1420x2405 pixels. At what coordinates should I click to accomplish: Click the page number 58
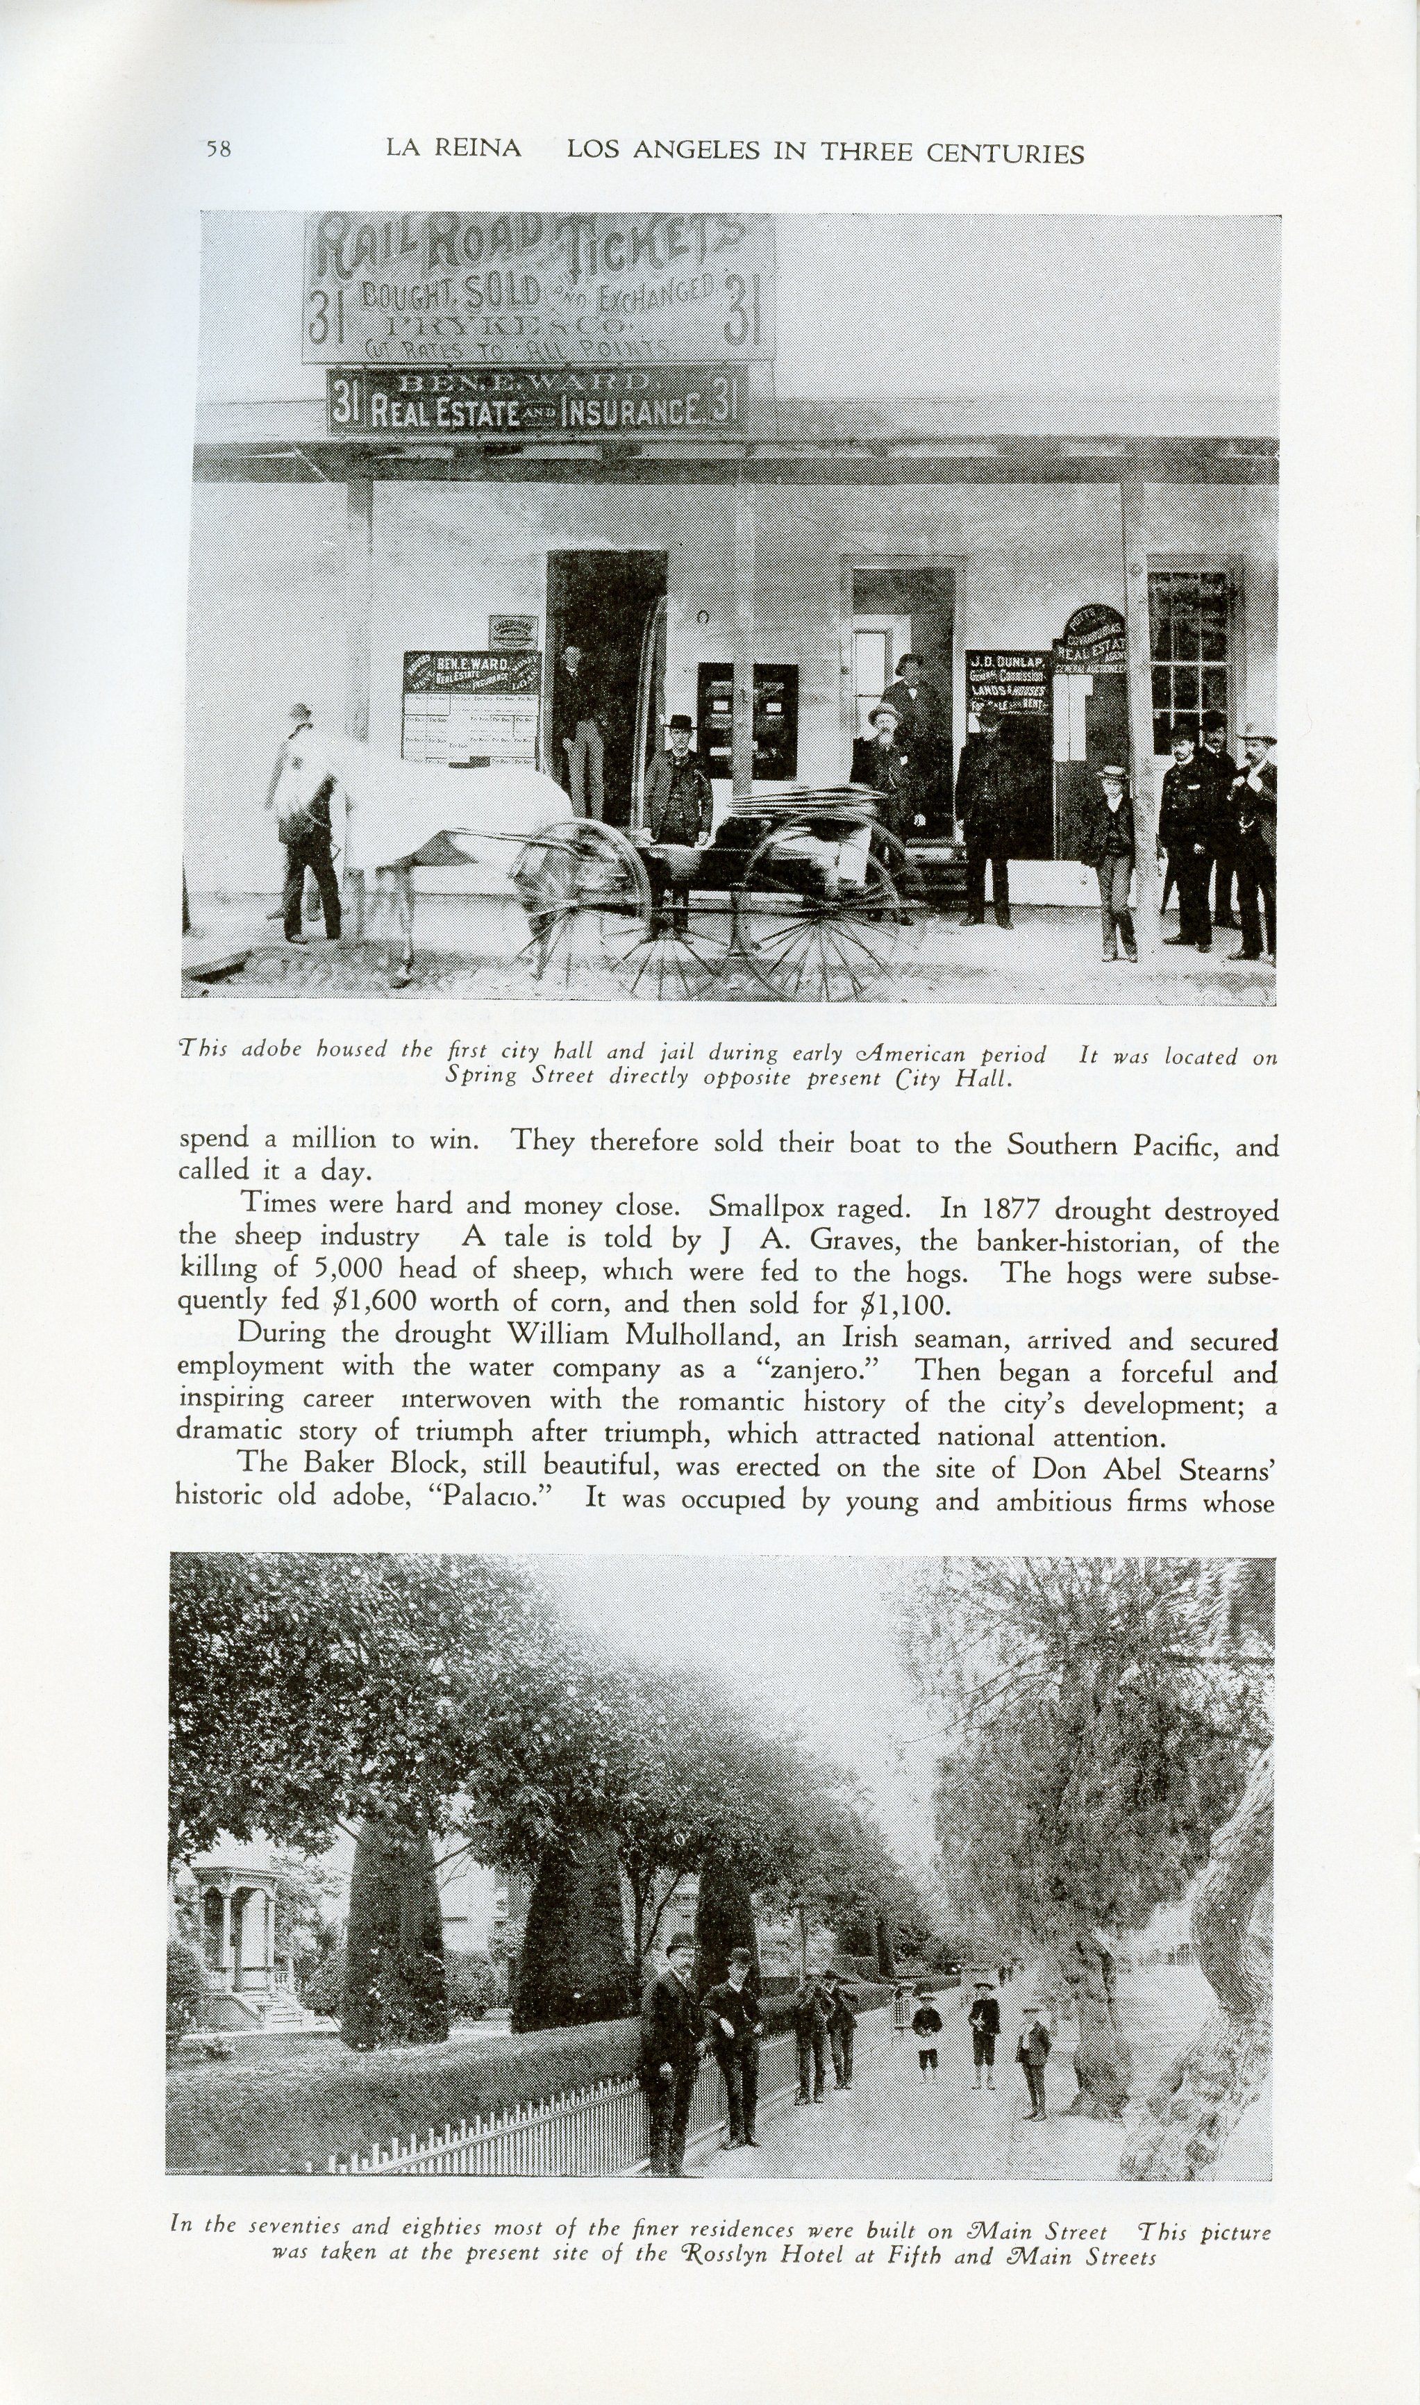pyautogui.click(x=218, y=149)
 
